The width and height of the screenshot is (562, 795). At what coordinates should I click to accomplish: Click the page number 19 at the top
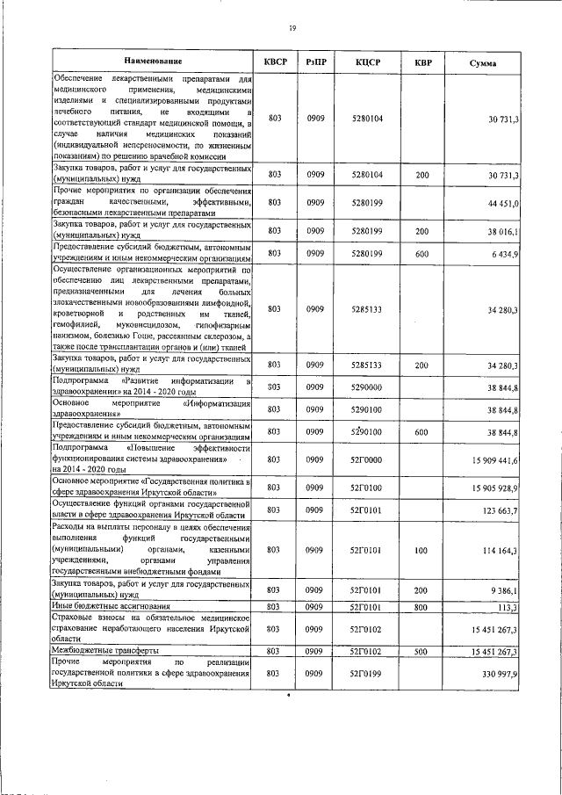tap(292, 29)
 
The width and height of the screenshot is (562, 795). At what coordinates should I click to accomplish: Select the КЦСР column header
tap(368, 61)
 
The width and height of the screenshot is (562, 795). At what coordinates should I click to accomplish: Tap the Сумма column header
tap(481, 62)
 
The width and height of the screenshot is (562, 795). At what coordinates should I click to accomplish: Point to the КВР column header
tap(422, 61)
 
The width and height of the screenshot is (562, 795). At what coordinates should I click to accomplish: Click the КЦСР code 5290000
tap(366, 387)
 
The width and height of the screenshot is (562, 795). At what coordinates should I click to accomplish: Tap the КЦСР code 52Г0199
tap(366, 673)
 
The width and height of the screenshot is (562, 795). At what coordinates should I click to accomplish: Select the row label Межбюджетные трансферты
tap(104, 651)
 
